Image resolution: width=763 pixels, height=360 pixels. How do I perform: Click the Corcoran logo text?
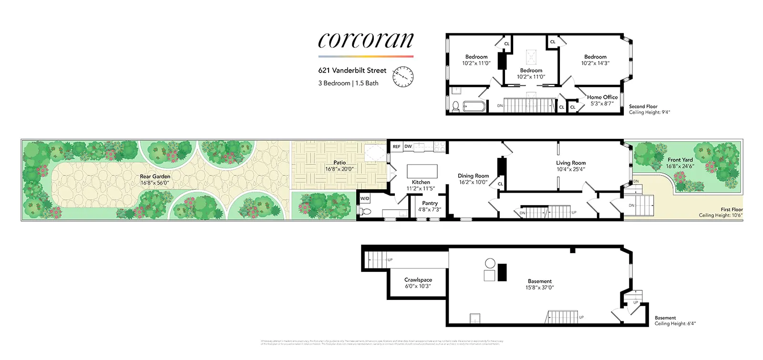tap(365, 40)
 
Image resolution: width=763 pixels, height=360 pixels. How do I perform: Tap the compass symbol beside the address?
tap(403, 77)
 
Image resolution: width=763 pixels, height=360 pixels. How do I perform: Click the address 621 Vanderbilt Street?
tap(352, 71)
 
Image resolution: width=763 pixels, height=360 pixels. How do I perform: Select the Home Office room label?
tap(602, 97)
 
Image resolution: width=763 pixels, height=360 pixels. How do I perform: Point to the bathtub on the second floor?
tap(474, 106)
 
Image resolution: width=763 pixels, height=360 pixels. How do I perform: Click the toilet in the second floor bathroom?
tap(455, 106)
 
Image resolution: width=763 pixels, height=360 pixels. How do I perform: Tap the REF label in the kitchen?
tap(396, 147)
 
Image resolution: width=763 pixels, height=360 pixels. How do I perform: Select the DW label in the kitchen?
tap(408, 147)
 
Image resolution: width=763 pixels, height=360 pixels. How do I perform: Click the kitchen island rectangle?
tap(422, 171)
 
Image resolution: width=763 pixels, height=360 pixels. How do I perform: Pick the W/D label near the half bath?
tap(364, 198)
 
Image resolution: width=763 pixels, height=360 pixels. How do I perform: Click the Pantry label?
tap(430, 203)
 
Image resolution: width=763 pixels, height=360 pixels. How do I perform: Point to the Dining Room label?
tap(473, 176)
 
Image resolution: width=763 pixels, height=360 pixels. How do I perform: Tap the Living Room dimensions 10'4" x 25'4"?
tap(571, 169)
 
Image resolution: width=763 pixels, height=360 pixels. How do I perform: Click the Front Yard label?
tap(680, 160)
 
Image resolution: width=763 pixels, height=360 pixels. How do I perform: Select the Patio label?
tap(340, 163)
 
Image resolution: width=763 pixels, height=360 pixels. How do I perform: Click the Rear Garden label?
tap(155, 176)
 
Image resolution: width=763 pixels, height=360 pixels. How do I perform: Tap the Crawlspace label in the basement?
tap(418, 280)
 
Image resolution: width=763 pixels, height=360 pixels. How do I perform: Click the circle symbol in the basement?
tap(490, 263)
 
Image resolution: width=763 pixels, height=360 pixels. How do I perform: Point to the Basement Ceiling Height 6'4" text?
tap(675, 324)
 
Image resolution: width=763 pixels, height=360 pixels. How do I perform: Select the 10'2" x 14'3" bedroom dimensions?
tap(595, 63)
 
